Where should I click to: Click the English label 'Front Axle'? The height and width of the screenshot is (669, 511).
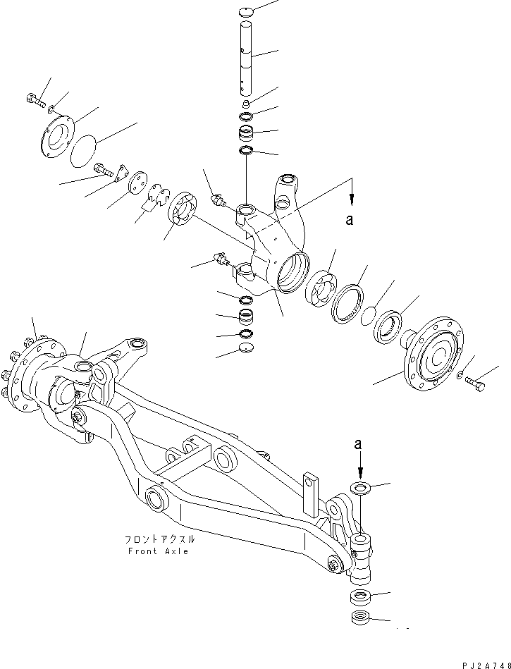[x=158, y=551]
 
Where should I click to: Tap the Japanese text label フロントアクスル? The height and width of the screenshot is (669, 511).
[x=159, y=539]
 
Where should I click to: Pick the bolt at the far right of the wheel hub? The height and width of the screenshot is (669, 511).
[x=475, y=382]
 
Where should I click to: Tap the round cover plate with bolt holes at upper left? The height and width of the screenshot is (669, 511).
[x=54, y=137]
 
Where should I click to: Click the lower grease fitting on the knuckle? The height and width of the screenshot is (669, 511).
[x=220, y=260]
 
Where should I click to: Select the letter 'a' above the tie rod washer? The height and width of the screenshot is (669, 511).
[x=359, y=444]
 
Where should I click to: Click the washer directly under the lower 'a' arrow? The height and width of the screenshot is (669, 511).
[x=360, y=488]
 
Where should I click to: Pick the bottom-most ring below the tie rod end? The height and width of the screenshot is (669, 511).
[x=360, y=619]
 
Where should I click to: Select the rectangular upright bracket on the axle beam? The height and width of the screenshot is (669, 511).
[x=311, y=489]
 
